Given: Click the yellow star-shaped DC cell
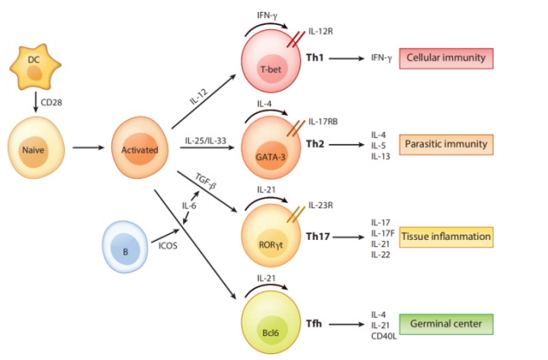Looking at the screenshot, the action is pyautogui.click(x=35, y=66).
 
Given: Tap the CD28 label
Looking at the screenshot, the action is pyautogui.click(x=52, y=103).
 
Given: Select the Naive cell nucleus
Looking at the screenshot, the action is pyautogui.click(x=33, y=151).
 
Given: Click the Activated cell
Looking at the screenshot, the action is pyautogui.click(x=140, y=148).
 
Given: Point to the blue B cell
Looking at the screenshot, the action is pyautogui.click(x=125, y=247).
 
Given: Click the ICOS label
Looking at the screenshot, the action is pyautogui.click(x=167, y=246).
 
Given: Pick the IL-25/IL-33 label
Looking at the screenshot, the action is pyautogui.click(x=205, y=141).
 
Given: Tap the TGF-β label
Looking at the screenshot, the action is pyautogui.click(x=205, y=181).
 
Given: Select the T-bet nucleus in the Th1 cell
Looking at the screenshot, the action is pyautogui.click(x=271, y=68).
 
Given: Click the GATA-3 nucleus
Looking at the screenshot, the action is pyautogui.click(x=270, y=156).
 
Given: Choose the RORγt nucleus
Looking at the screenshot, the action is pyautogui.click(x=271, y=244).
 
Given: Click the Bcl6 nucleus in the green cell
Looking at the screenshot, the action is pyautogui.click(x=270, y=332).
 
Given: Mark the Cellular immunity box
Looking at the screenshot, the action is pyautogui.click(x=446, y=59).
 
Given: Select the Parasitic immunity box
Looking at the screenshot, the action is pyautogui.click(x=446, y=144).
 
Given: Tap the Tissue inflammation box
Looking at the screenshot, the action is pyautogui.click(x=446, y=237).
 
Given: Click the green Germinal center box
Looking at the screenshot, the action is pyautogui.click(x=446, y=325).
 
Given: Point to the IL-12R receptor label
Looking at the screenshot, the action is pyautogui.click(x=320, y=31).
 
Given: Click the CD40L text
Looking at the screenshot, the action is pyautogui.click(x=384, y=336).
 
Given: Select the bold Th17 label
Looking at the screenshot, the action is pyautogui.click(x=318, y=237).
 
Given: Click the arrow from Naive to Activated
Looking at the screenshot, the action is pyautogui.click(x=88, y=148).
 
